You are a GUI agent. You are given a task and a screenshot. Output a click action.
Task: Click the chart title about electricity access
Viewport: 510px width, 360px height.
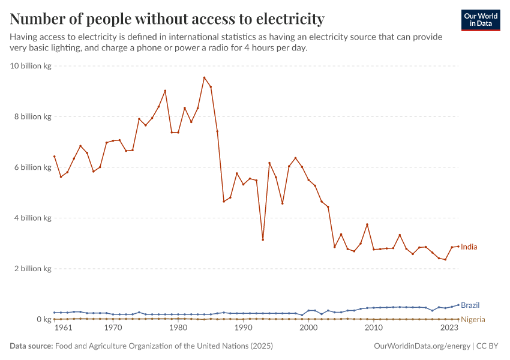pos(167,19)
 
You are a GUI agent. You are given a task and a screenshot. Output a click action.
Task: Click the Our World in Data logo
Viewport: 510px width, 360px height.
pos(480,20)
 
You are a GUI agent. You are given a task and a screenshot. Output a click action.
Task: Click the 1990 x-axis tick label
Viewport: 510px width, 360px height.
pos(243,329)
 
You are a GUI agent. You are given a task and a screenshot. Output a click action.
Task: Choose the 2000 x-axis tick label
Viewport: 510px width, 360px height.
pos(308,329)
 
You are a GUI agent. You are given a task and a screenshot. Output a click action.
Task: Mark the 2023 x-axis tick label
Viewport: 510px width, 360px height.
pos(450,329)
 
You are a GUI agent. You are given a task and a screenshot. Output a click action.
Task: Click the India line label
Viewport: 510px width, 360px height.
pos(469,247)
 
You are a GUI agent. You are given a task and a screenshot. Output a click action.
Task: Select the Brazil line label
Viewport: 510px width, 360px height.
pos(470,305)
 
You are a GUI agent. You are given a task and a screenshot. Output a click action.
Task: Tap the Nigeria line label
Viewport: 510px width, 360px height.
pos(473,320)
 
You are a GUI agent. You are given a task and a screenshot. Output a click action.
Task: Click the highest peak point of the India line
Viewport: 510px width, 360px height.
pos(204,77)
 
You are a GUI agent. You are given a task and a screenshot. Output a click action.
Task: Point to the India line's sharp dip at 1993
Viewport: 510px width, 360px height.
pos(263,240)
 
